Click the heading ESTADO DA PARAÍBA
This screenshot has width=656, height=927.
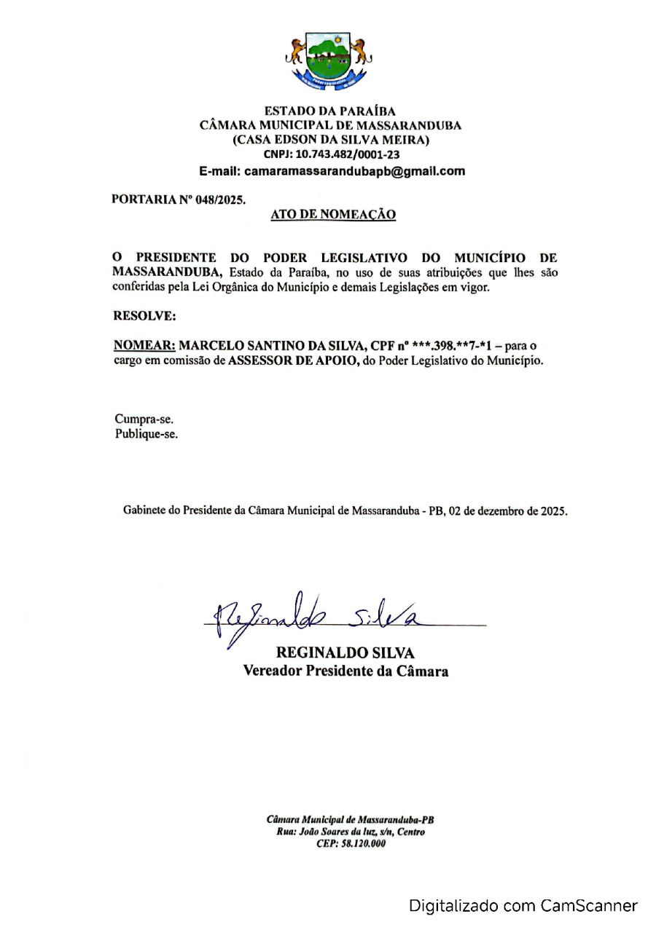pos(330,111)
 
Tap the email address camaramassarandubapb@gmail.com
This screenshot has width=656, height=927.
pos(354,172)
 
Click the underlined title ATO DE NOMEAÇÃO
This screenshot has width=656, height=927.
pos(332,214)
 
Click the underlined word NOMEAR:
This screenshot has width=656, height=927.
pos(144,345)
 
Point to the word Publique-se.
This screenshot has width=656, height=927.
pos(147,435)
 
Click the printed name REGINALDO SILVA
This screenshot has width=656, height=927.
pos(345,654)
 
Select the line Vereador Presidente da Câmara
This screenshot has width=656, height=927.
pos(345,671)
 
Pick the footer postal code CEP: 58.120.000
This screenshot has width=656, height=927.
pos(345,844)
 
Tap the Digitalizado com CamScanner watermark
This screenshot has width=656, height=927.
pos(523,906)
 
